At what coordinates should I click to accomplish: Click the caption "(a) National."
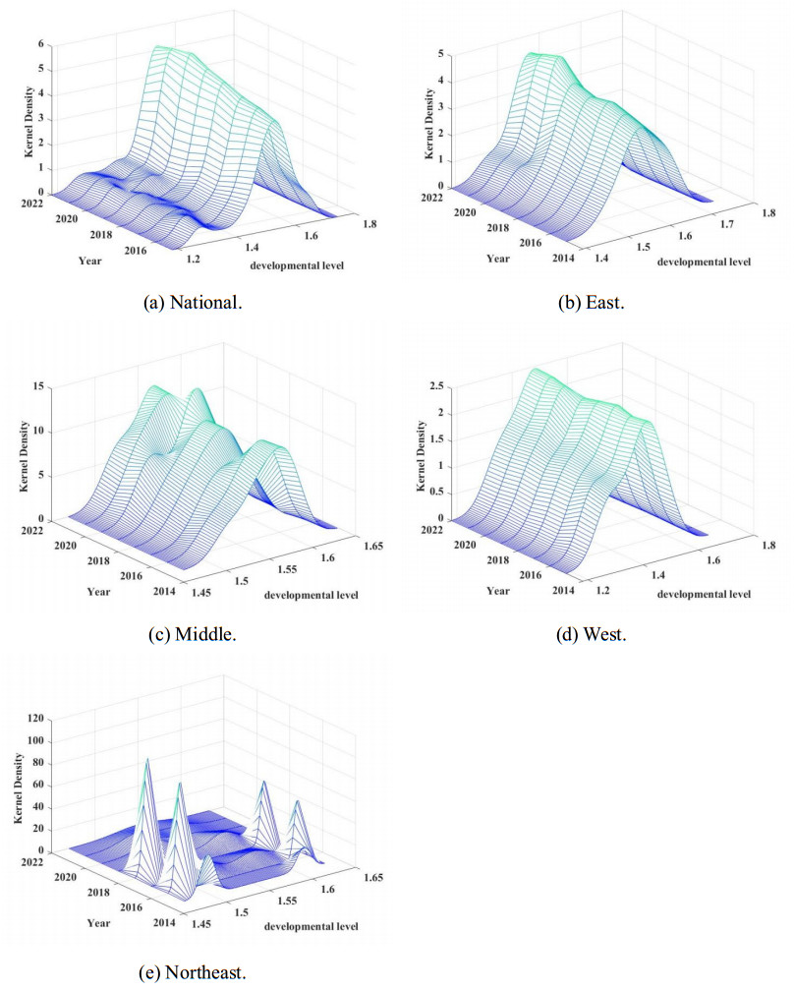[193, 302]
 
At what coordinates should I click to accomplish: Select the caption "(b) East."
[592, 302]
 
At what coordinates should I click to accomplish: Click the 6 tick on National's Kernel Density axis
[41, 44]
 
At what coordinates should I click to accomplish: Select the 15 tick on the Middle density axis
[37, 386]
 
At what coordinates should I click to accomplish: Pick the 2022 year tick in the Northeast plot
[35, 861]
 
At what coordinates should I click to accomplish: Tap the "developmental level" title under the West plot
[704, 594]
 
